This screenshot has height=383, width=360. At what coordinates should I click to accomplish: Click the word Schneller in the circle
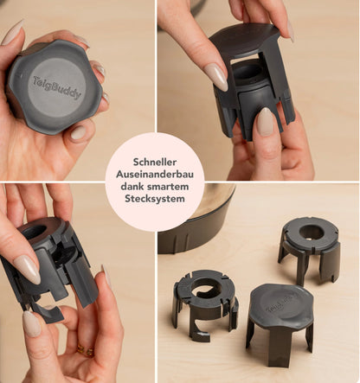pyautogui.click(x=155, y=162)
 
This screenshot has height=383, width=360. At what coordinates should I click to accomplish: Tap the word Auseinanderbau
pyautogui.click(x=155, y=175)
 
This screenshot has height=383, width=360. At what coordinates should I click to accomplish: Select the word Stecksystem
pyautogui.click(x=155, y=199)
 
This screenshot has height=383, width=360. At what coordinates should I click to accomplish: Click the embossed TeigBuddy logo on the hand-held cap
pyautogui.click(x=57, y=87)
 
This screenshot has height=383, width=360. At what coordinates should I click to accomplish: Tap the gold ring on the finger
pyautogui.click(x=86, y=351)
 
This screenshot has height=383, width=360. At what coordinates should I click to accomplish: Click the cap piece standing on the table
pyautogui.click(x=280, y=323)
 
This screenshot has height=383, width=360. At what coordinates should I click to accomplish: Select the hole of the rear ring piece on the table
pyautogui.click(x=311, y=233)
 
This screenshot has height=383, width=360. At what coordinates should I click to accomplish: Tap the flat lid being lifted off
pyautogui.click(x=245, y=38)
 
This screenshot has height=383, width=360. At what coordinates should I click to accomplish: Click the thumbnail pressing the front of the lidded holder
pyautogui.click(x=266, y=122)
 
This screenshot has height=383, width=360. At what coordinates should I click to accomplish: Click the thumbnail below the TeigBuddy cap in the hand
pyautogui.click(x=78, y=132)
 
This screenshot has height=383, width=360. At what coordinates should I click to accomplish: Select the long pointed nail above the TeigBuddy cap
pyautogui.click(x=12, y=32)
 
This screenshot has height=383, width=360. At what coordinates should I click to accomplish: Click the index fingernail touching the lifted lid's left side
pyautogui.click(x=216, y=76)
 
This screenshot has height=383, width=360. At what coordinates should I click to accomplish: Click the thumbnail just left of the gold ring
pyautogui.click(x=31, y=323)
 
